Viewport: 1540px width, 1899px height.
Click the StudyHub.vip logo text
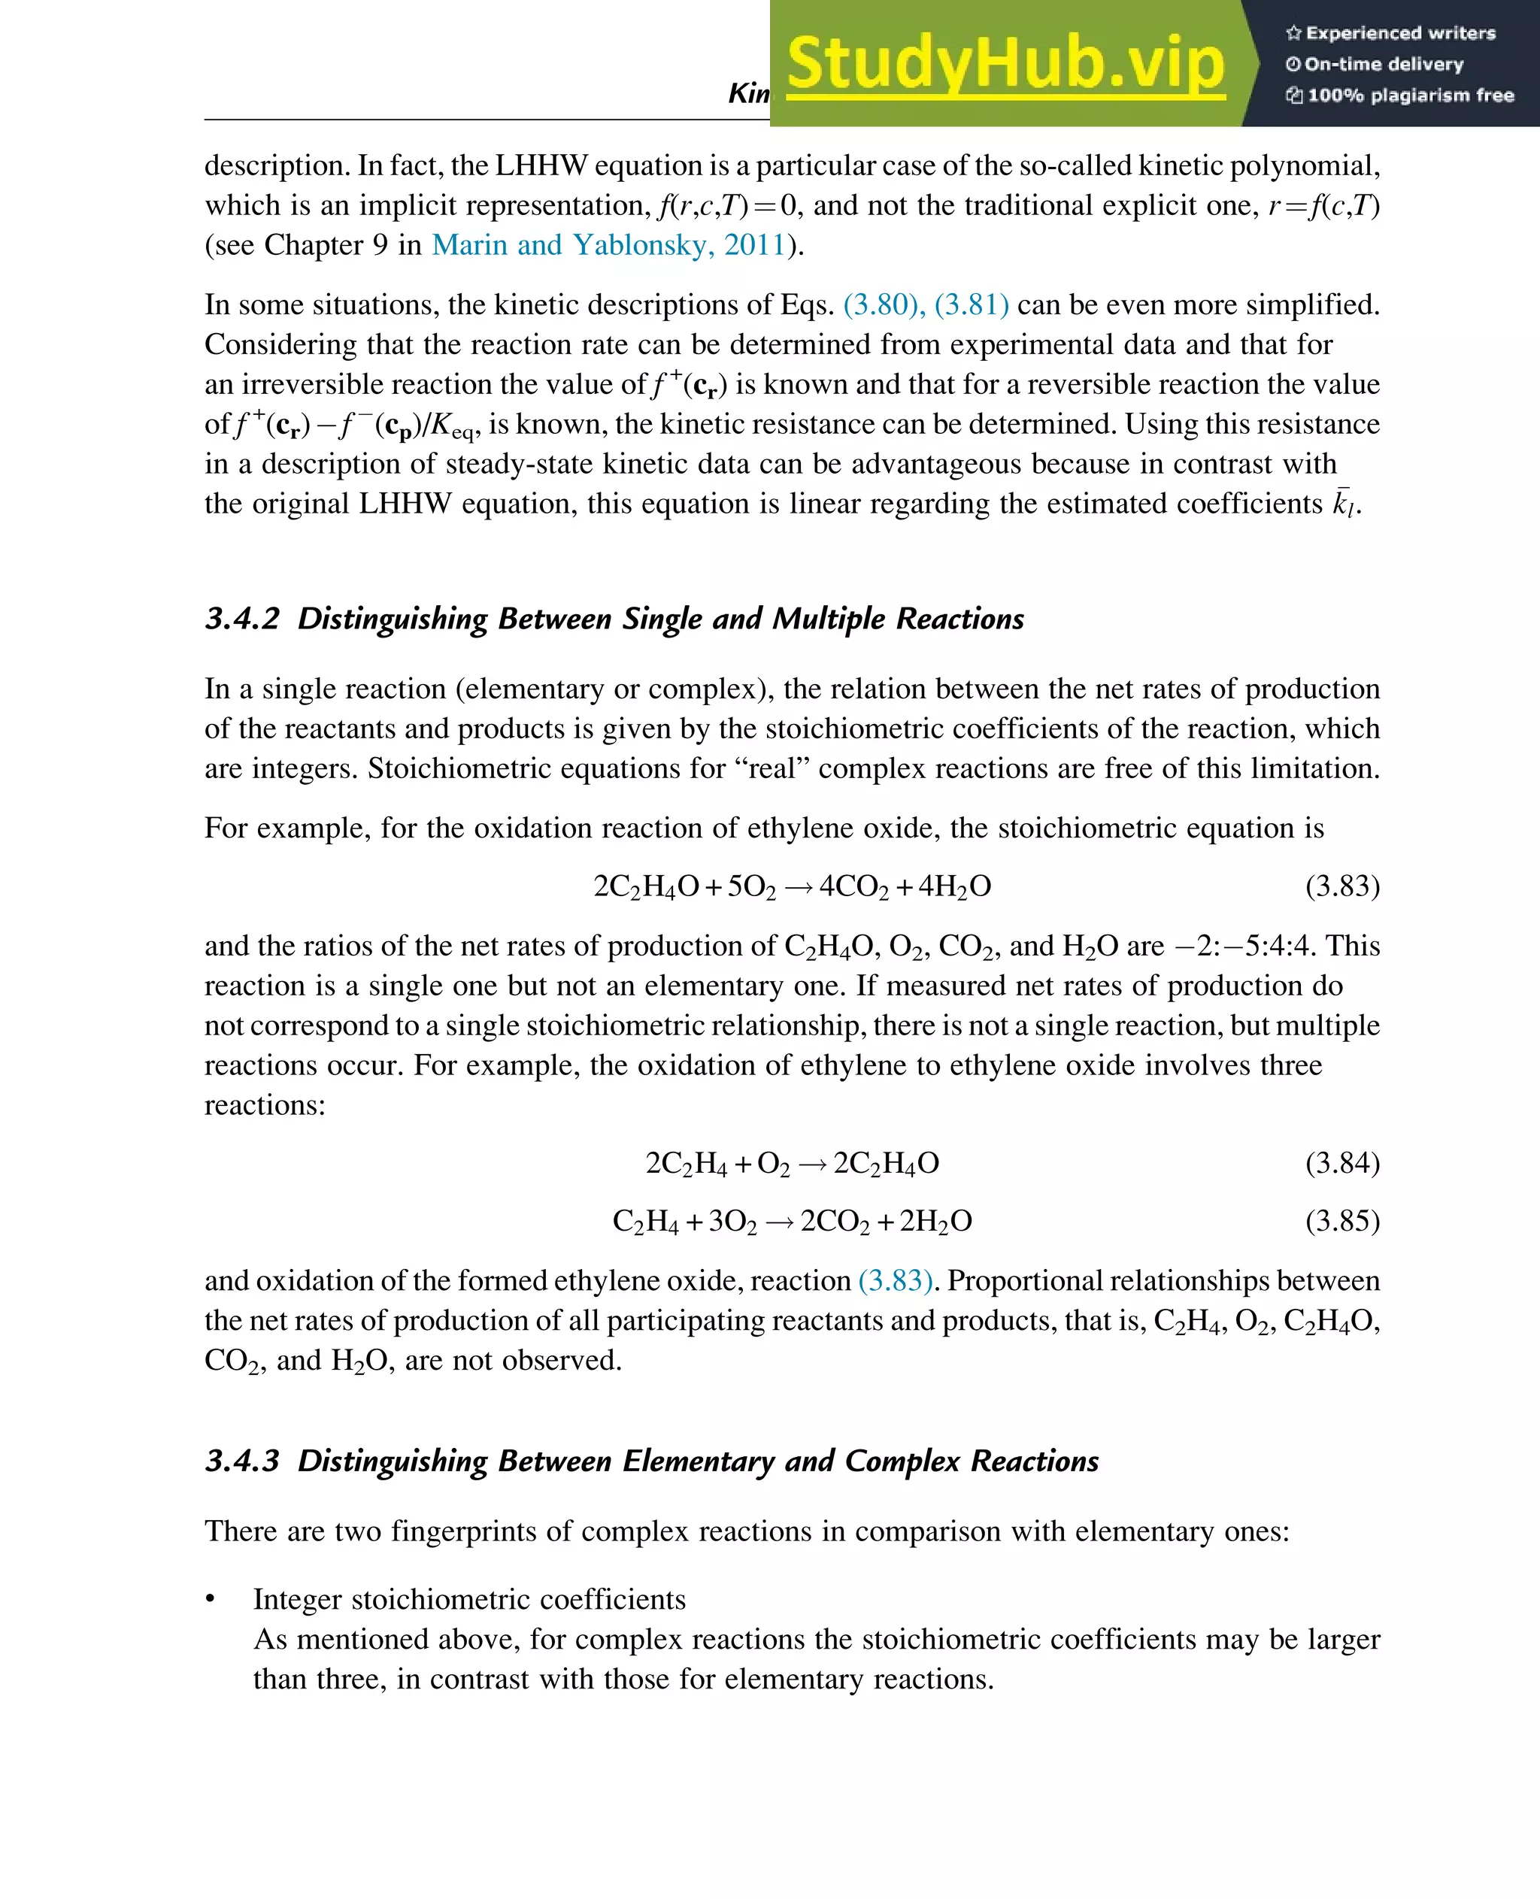click(1005, 64)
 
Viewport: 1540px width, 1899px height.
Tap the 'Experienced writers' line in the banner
click(1390, 34)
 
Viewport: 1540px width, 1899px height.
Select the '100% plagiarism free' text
click(1400, 95)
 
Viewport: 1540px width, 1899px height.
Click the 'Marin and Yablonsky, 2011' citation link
click(608, 245)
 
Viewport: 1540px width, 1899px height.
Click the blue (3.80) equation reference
click(881, 304)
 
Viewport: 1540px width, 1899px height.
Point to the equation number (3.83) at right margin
click(1342, 886)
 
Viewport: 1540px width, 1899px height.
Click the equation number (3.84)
click(1342, 1163)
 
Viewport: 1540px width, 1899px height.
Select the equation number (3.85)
click(1342, 1222)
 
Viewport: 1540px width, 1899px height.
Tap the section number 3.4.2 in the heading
click(242, 618)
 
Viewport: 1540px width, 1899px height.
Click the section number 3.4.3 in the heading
click(242, 1461)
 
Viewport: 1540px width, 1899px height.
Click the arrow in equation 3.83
click(799, 888)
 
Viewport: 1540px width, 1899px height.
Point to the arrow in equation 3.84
click(813, 1165)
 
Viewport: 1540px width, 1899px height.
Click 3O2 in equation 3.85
click(732, 1222)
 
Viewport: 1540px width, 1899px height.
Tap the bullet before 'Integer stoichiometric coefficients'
click(211, 1599)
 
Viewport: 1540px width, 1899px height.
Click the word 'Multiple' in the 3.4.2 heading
click(829, 618)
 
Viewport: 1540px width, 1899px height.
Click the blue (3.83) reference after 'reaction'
click(895, 1281)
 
